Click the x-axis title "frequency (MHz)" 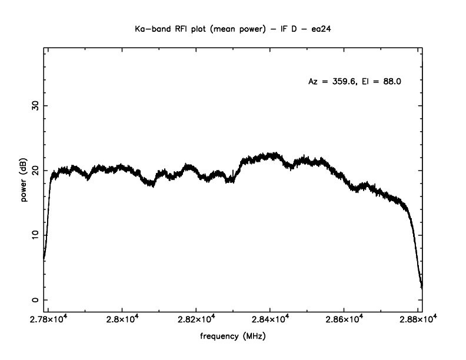233,338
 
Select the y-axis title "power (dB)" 24,181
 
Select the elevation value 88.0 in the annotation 391,82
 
